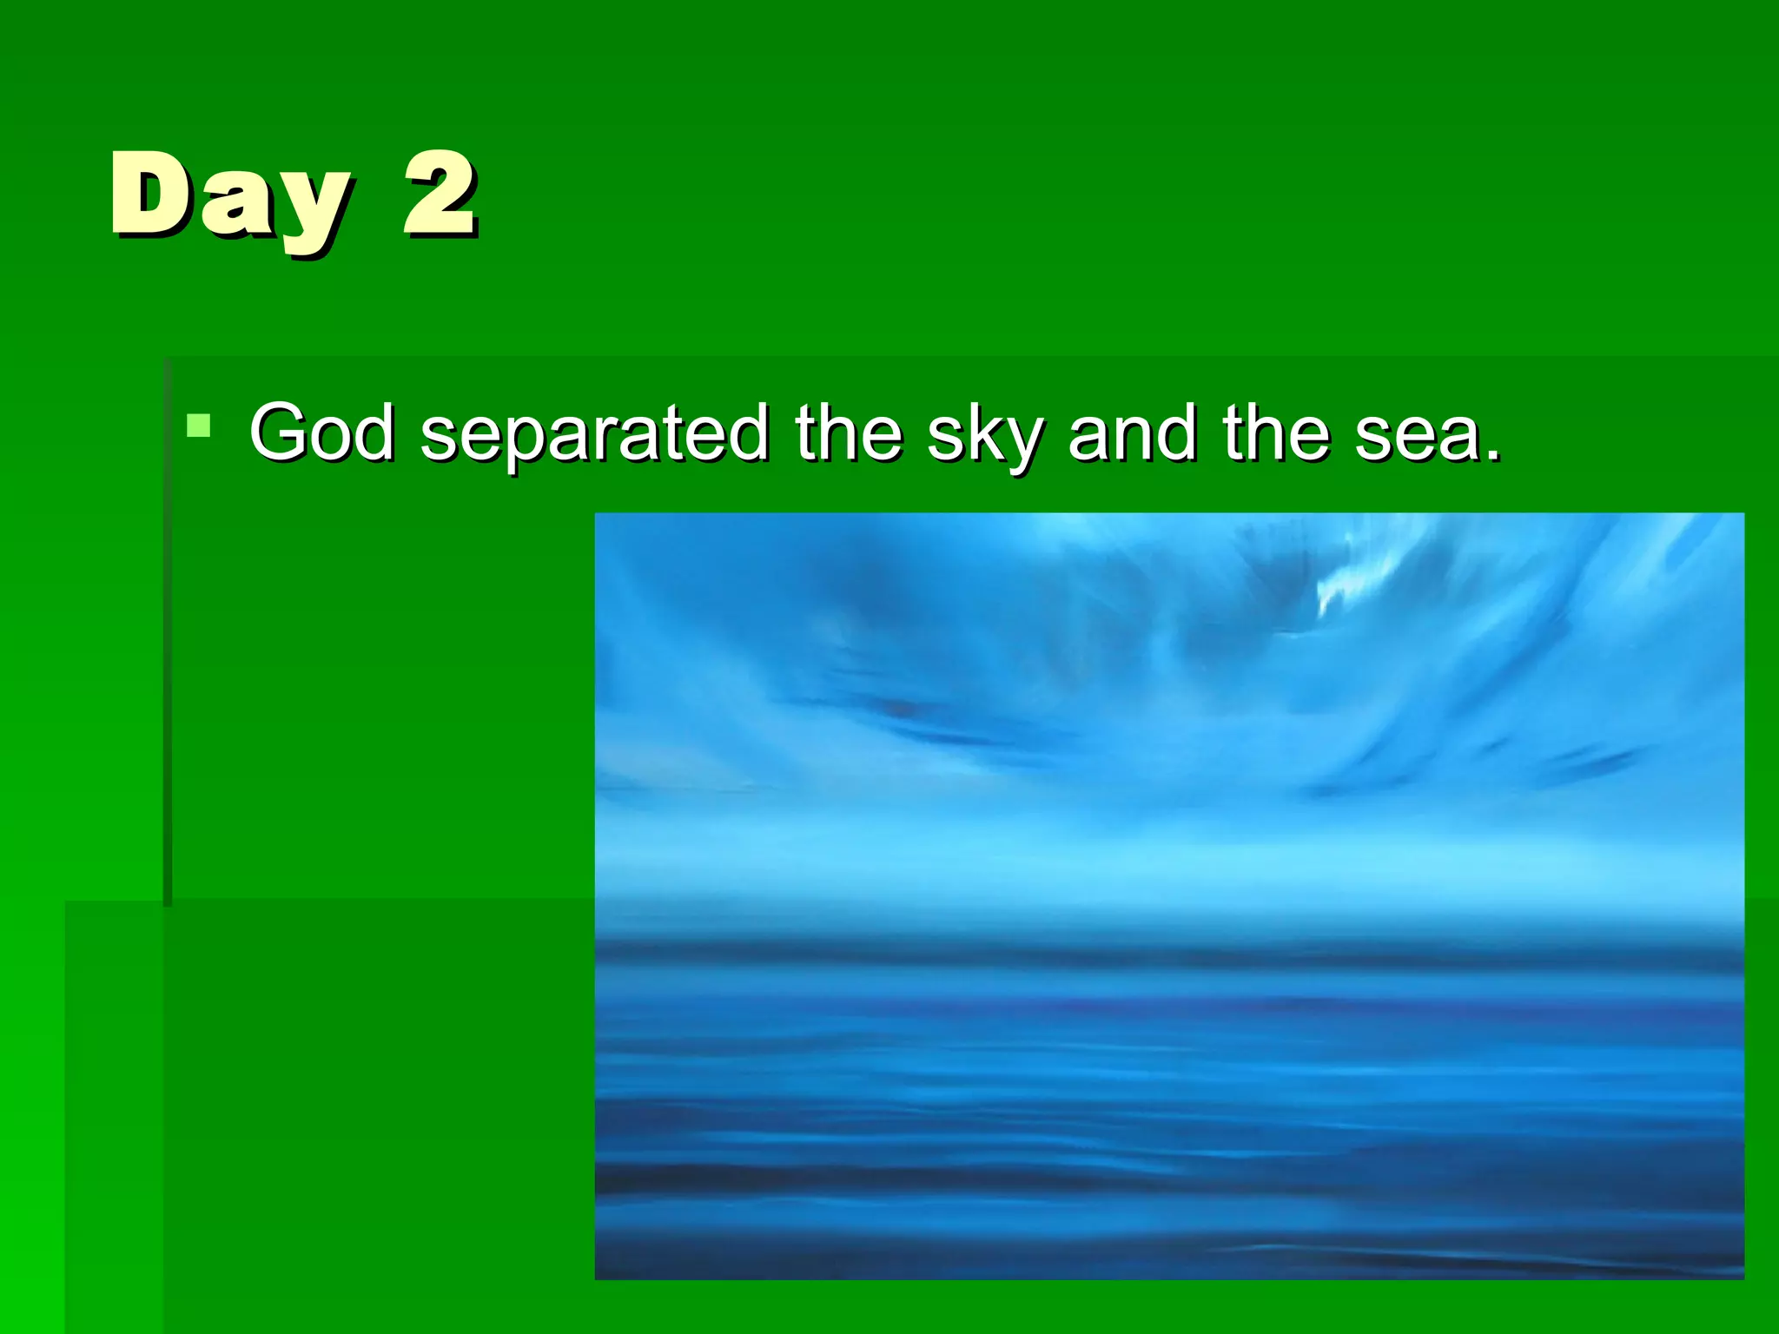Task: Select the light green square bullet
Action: (x=198, y=426)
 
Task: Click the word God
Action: (x=321, y=433)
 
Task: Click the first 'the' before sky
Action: (x=849, y=432)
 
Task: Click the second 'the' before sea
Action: (x=1276, y=432)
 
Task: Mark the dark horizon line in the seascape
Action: (x=1164, y=948)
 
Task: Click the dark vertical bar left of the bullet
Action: (x=168, y=634)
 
